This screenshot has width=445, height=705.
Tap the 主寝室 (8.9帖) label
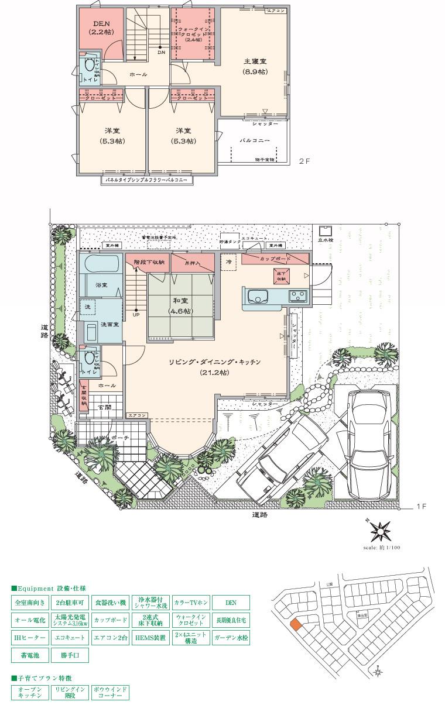pos(255,66)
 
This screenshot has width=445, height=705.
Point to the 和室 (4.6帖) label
pos(177,305)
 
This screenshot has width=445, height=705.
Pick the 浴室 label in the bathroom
pos(101,285)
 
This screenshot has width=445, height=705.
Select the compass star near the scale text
pos(381,531)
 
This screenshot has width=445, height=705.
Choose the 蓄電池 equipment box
pos(30,655)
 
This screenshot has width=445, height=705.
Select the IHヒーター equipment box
pos(30,637)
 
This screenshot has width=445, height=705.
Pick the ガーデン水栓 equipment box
pos(231,637)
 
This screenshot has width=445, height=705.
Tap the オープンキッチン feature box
pos(30,693)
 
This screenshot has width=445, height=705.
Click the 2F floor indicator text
pos(304,160)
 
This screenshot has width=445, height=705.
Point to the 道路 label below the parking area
pos(260,515)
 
